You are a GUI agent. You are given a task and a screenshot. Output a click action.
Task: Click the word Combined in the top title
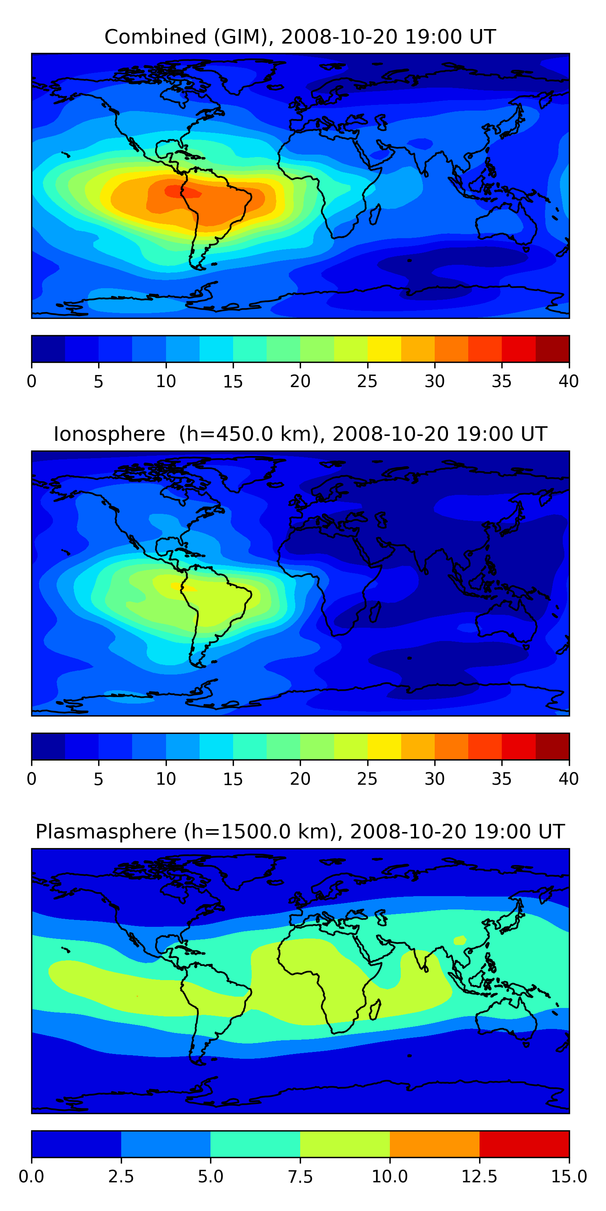[155, 37]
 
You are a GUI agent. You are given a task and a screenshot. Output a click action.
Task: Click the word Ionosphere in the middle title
[109, 434]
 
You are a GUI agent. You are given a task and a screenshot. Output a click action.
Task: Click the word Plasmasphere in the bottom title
[106, 832]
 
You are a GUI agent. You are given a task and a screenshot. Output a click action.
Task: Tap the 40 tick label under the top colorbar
[568, 381]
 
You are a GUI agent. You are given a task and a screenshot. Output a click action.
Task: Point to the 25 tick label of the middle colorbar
[367, 779]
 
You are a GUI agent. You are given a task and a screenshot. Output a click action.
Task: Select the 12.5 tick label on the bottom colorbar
[479, 1177]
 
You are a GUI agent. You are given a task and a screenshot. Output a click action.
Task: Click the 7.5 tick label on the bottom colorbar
[300, 1177]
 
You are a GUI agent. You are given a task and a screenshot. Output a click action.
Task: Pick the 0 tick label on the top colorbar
[32, 381]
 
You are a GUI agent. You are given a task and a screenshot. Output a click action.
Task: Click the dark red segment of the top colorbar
[552, 349]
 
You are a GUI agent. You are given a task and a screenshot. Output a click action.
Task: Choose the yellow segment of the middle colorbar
[384, 746]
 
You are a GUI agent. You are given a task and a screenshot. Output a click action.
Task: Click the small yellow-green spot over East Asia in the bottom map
[460, 940]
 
